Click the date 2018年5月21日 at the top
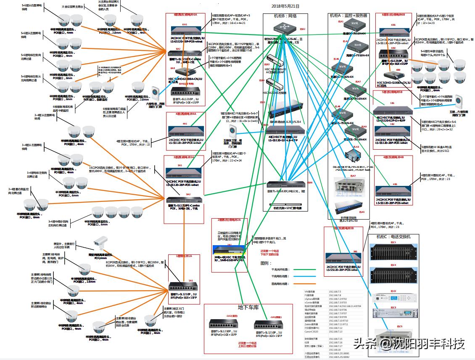285,6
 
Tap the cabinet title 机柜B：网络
285,16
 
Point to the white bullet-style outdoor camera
101,241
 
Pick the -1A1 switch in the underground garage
269,325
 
